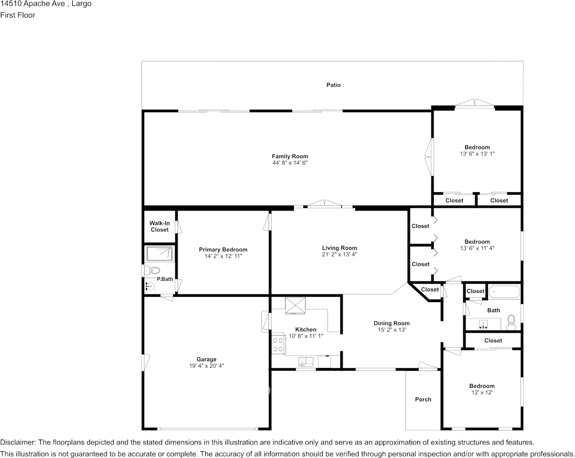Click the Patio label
333,85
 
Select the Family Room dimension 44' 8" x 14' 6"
290,163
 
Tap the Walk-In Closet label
159,227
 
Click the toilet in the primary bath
153,270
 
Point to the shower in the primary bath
159,253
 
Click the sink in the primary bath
149,286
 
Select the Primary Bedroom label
223,250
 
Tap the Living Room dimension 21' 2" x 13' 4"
339,255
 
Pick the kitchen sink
306,361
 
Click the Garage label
206,360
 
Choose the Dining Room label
392,323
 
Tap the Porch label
423,399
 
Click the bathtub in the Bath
504,292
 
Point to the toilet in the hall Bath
511,321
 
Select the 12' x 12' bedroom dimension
482,393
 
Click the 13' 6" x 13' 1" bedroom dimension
477,154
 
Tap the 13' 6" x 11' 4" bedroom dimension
477,248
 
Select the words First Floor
17,15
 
